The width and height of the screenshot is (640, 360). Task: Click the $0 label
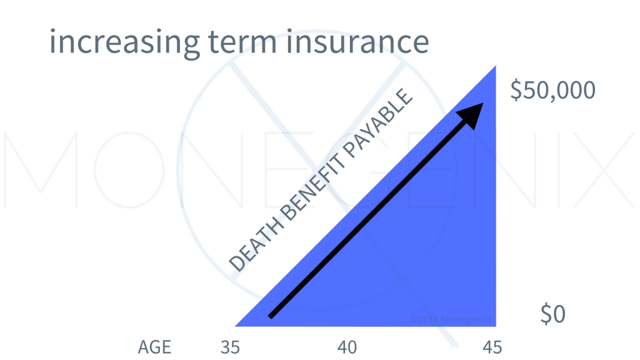coord(553,315)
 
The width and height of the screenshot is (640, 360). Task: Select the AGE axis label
coord(154,347)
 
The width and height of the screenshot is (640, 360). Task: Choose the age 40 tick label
coord(347,347)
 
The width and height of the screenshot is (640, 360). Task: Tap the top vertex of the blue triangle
coord(495,67)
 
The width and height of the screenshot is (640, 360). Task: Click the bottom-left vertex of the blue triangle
coord(237,325)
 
